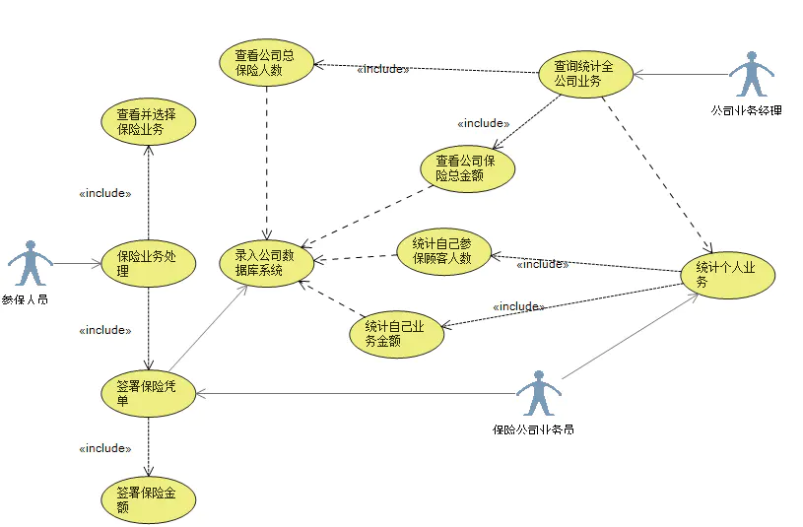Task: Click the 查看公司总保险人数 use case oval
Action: [266, 63]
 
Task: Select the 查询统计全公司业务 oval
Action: [585, 74]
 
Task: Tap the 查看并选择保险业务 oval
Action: [149, 121]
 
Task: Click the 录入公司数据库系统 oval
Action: [266, 261]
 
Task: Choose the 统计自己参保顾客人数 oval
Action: [442, 252]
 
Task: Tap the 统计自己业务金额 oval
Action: [396, 334]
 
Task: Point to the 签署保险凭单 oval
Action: [149, 393]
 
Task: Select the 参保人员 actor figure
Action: [30, 263]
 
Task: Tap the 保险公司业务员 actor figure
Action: [537, 393]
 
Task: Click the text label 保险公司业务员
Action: [534, 429]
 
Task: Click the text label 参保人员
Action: [26, 298]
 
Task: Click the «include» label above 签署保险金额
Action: [104, 448]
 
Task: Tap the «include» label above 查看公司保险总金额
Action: [484, 123]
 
